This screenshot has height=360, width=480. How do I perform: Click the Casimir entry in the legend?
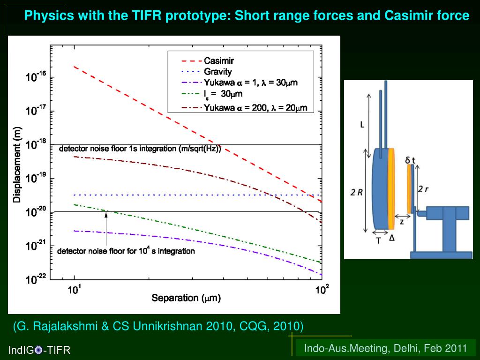tap(219, 60)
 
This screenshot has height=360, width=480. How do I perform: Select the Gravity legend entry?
tap(217, 72)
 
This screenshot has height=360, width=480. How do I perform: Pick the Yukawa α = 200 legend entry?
tap(255, 108)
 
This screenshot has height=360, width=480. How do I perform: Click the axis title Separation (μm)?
tap(186, 298)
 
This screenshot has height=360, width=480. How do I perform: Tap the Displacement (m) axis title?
tap(17, 165)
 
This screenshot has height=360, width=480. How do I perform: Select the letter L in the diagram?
tap(362, 124)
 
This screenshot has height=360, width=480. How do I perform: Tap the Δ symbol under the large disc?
tap(392, 238)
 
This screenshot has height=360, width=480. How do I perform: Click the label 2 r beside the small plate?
tap(424, 189)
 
